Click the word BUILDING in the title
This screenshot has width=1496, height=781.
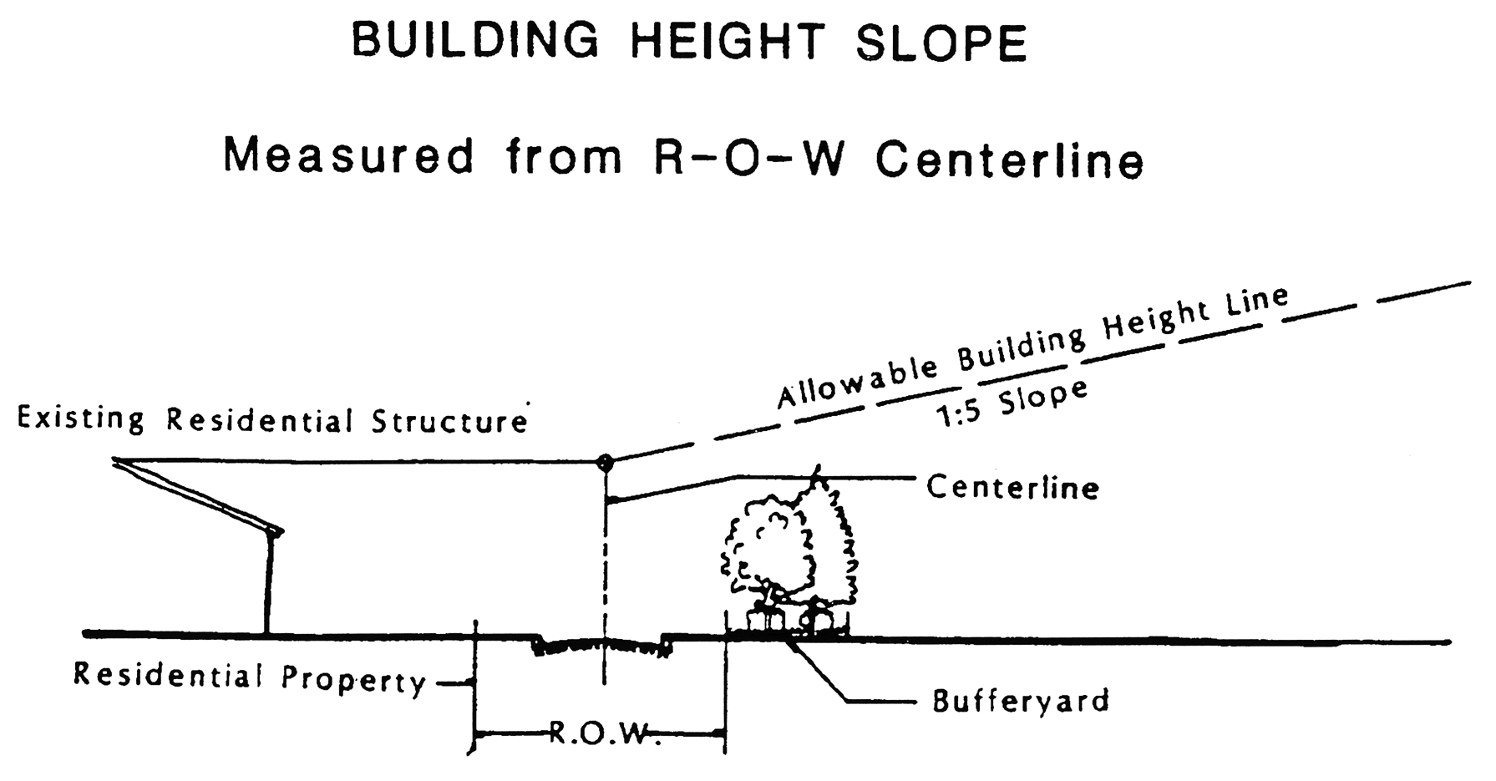coord(474,41)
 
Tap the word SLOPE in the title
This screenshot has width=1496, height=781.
coord(941,43)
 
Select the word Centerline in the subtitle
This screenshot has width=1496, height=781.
coord(1009,159)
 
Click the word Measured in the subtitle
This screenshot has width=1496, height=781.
coord(348,156)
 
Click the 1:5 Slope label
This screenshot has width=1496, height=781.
coord(1012,403)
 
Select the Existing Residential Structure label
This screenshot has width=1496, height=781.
coord(272,419)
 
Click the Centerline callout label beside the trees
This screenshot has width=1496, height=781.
coord(1012,487)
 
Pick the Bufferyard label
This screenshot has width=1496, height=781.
coord(1021,700)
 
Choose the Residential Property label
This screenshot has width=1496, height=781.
coord(250,677)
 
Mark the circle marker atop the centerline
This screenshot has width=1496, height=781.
coord(605,462)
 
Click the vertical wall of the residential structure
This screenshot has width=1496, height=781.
coord(269,585)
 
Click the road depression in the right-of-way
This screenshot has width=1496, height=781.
coord(601,646)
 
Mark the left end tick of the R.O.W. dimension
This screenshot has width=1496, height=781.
coord(475,734)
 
